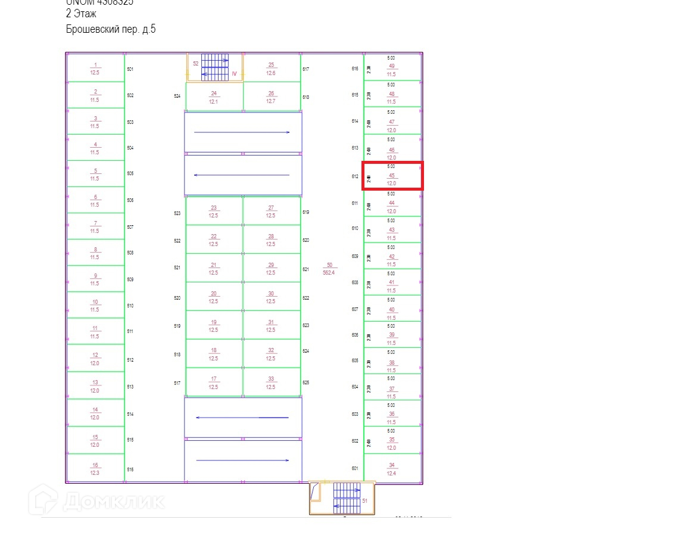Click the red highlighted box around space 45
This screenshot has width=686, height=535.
393,176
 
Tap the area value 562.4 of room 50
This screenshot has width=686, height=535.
329,272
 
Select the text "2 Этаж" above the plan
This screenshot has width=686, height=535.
81,14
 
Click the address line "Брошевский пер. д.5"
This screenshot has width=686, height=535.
111,29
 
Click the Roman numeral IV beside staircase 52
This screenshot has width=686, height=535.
234,74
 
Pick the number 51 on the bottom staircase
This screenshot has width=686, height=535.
365,501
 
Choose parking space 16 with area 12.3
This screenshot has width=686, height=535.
95,469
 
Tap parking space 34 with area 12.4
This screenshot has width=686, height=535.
391,469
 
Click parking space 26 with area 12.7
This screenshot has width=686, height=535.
271,97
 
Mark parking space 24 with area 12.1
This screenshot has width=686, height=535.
214,97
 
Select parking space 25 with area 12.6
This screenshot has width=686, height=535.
271,69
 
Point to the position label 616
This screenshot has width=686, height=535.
355,69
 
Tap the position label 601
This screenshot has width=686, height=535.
355,468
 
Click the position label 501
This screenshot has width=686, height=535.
130,69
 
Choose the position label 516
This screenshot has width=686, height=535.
130,469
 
